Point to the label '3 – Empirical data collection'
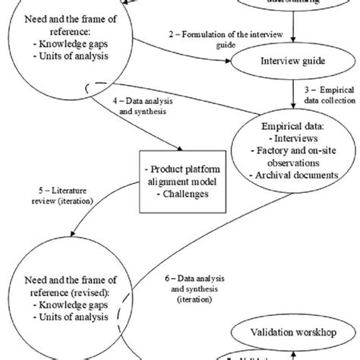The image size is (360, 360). point(330,96)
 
